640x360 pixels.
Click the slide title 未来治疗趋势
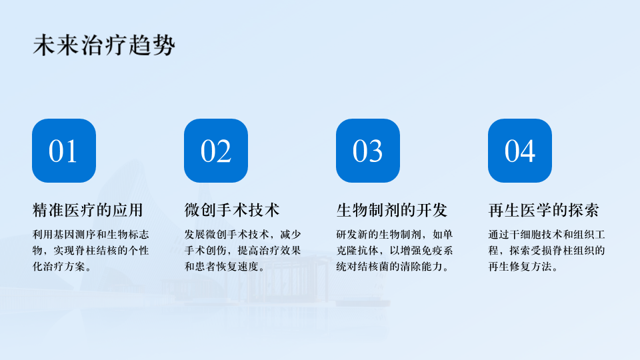point(104,45)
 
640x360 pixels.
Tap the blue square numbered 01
point(64,151)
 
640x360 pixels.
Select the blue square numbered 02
point(216,151)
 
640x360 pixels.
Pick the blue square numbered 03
point(368,151)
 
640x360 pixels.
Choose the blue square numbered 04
point(519,151)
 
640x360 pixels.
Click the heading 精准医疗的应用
point(88,210)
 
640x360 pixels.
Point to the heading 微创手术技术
point(232,210)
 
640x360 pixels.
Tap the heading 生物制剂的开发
point(392,210)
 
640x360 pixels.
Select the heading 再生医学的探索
point(544,210)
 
